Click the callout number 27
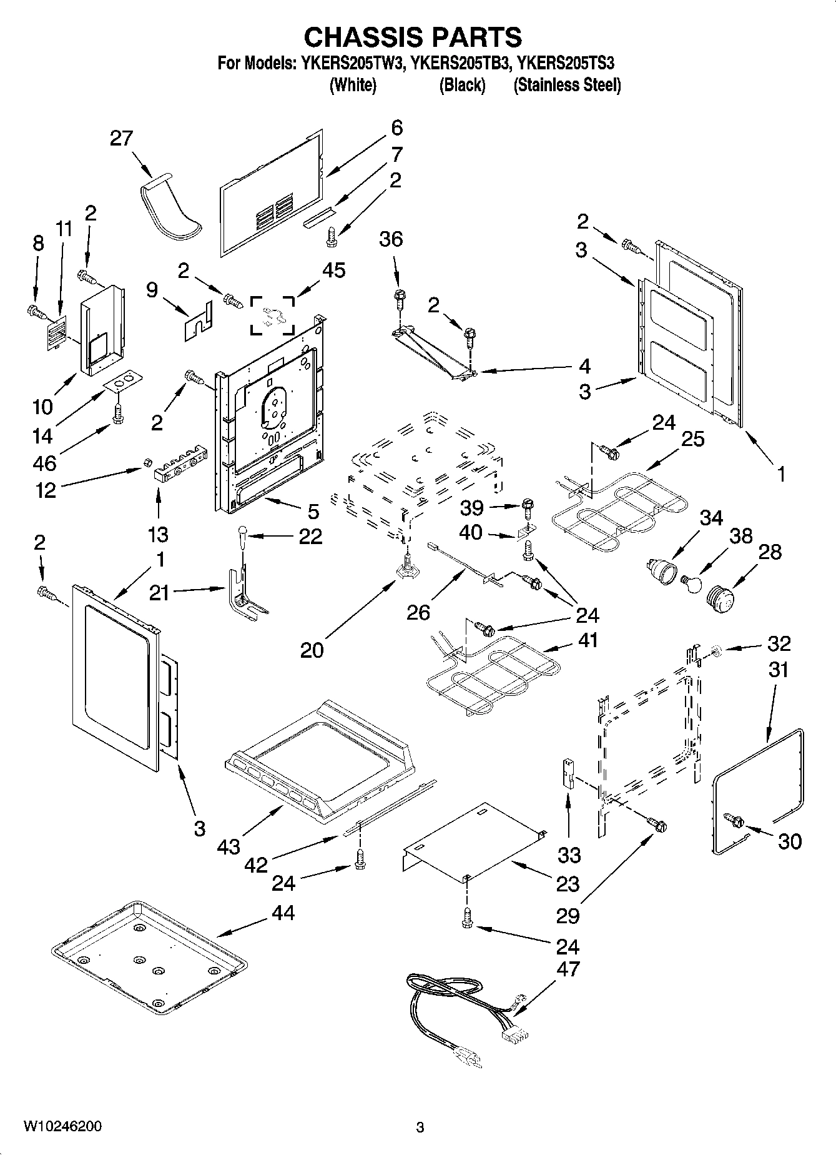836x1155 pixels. [x=121, y=138]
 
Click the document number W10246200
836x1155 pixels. [x=62, y=1127]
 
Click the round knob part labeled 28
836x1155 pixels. [x=721, y=594]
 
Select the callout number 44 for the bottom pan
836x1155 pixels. [x=283, y=913]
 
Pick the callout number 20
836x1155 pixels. [x=312, y=650]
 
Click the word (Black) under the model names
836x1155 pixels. [x=462, y=85]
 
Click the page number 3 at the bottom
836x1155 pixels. [x=420, y=1128]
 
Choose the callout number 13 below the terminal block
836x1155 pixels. [x=158, y=534]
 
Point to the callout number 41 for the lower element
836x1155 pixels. [x=588, y=640]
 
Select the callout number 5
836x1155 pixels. [x=313, y=511]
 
